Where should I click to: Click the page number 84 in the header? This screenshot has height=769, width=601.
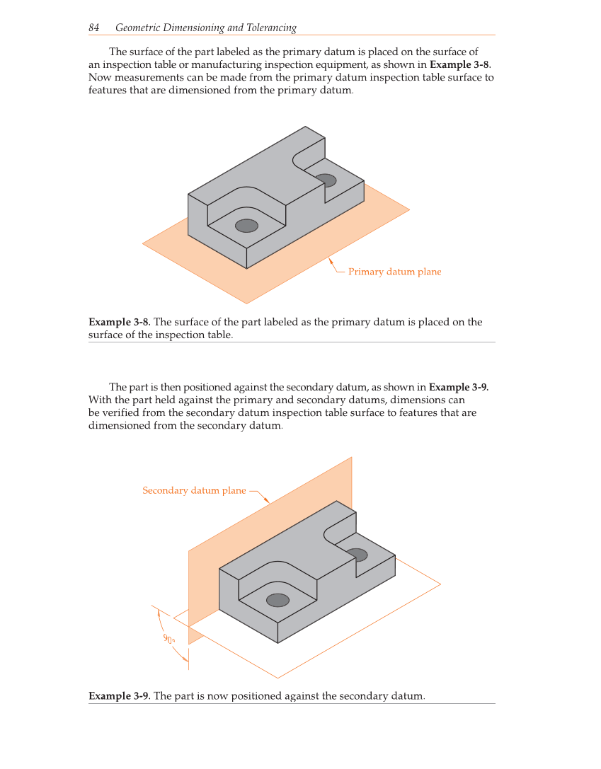[x=93, y=28]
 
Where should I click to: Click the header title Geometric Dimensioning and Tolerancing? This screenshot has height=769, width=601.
[x=205, y=28]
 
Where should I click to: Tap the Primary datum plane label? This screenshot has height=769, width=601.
[x=394, y=272]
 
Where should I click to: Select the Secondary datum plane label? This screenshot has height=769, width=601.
[x=194, y=490]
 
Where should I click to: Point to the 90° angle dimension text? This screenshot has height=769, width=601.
[x=169, y=639]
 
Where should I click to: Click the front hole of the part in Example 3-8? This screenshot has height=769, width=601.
[x=246, y=226]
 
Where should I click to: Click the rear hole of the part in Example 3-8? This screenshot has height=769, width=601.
[x=326, y=180]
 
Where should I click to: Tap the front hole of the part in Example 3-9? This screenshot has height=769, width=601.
[x=277, y=600]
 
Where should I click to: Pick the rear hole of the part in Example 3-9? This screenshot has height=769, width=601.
[x=357, y=555]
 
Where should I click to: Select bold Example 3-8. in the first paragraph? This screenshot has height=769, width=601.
[x=460, y=64]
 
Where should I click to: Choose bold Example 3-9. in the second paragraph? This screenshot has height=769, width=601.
[x=459, y=387]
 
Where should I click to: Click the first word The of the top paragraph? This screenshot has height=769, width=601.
[x=118, y=52]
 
